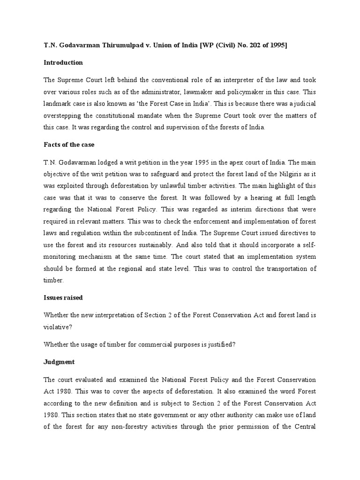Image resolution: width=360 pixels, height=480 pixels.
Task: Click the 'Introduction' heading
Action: (63, 62)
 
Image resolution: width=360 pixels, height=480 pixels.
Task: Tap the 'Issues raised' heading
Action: (64, 297)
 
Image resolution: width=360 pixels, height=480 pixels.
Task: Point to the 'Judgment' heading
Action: (59, 362)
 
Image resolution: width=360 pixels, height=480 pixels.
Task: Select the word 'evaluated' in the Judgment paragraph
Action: (92, 379)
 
